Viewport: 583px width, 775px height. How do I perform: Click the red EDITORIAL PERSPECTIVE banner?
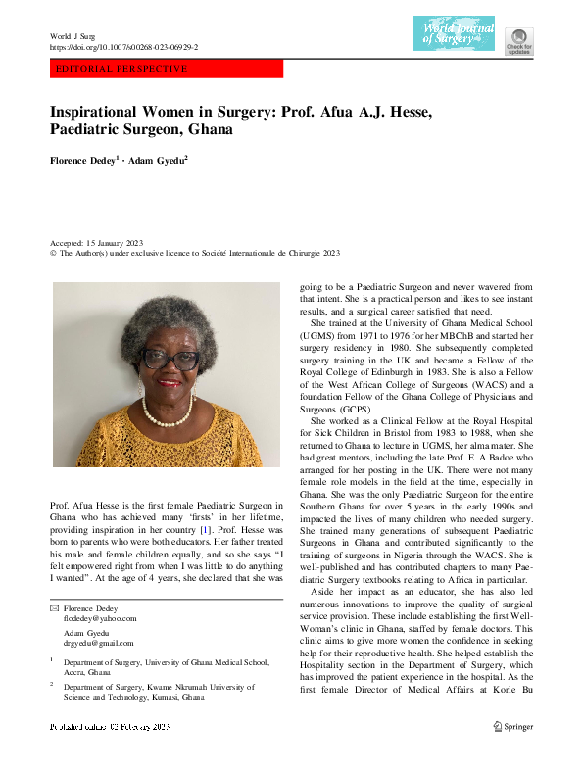(167, 70)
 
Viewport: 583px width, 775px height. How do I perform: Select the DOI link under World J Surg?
(123, 47)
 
